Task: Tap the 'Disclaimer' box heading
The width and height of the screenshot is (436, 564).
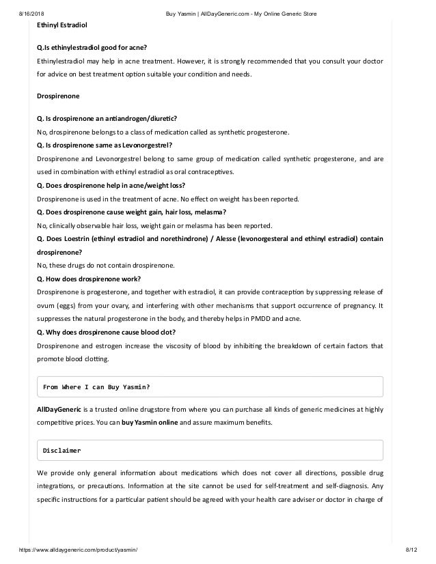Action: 62,451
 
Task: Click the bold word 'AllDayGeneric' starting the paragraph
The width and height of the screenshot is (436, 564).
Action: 59,410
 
